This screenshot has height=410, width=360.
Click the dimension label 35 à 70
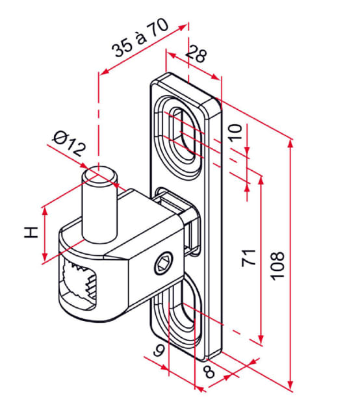point(140,41)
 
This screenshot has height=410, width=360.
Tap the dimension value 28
point(196,55)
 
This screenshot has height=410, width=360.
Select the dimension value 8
point(209,372)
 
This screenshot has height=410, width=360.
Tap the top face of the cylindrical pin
point(99,173)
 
